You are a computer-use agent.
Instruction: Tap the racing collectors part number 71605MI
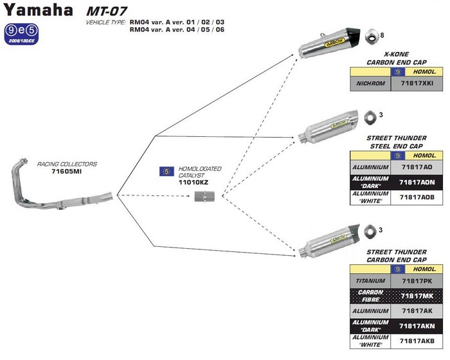[67, 173]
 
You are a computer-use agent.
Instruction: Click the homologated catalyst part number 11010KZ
[194, 183]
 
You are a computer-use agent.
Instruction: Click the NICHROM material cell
[370, 84]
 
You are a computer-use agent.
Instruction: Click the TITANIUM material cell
[370, 281]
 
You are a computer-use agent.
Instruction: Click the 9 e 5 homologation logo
[19, 30]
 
